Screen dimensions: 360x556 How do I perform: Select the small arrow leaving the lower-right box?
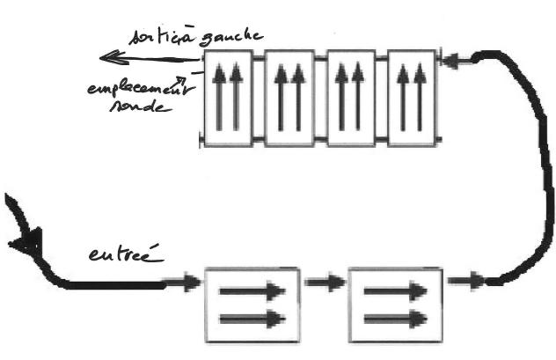(x=465, y=282)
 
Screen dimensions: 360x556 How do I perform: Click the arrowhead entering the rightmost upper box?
(x=449, y=62)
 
